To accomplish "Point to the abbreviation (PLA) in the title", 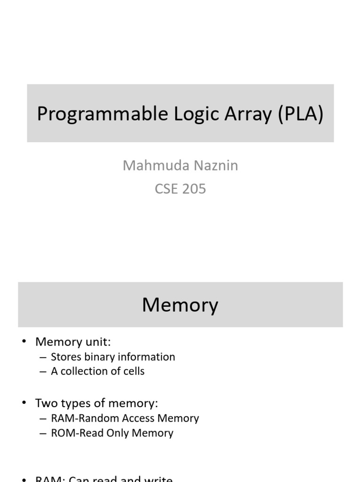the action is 300,114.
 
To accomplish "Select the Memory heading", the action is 180,305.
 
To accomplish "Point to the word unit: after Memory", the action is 97,342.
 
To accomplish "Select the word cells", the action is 133,371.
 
